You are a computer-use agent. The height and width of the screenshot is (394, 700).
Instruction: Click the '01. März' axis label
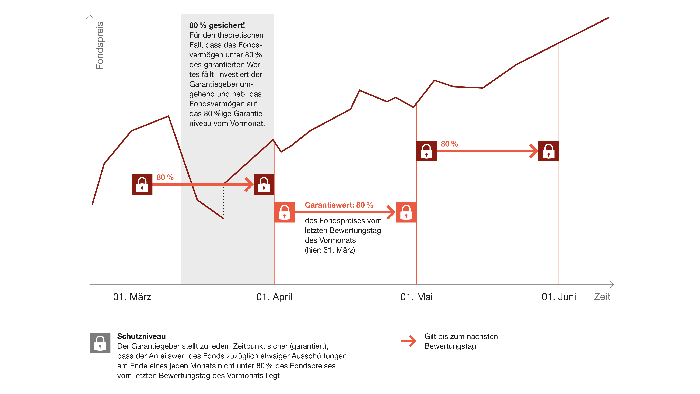132,297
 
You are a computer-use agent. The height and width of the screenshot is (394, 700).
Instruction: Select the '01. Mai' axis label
416,297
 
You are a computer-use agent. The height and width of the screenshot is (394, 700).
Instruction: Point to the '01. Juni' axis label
559,297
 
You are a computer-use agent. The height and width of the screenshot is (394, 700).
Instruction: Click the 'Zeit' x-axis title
602,297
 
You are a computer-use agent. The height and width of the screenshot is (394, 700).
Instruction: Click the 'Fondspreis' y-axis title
100,45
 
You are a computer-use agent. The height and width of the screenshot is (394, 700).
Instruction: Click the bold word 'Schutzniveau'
141,336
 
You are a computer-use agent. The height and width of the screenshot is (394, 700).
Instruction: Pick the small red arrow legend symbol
409,341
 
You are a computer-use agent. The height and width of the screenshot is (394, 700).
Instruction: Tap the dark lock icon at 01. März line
142,184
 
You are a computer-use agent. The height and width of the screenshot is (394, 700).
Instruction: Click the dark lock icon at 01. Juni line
549,151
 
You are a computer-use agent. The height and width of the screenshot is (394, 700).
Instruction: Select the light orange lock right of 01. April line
285,212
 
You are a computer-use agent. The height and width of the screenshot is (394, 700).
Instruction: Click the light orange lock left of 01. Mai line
406,212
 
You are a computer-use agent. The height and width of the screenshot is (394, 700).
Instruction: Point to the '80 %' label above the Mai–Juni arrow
449,144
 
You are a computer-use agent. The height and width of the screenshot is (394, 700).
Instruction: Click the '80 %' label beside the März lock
165,177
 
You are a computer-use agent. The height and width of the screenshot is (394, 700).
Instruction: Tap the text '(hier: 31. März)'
330,250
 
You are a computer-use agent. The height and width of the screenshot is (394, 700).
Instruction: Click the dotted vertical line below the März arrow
223,201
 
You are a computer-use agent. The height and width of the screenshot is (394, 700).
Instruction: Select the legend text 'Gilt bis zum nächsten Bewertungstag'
461,341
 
